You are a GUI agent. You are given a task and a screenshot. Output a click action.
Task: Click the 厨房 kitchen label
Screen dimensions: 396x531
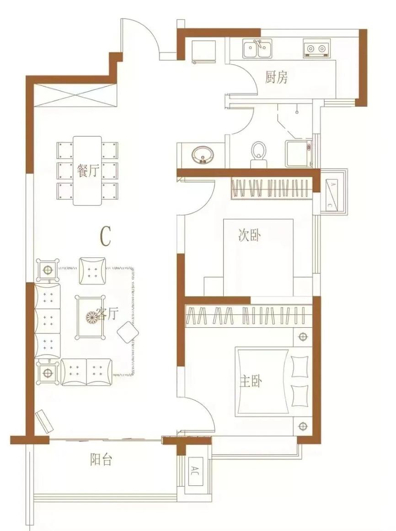276,78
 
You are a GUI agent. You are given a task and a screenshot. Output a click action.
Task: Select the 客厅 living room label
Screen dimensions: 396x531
107,314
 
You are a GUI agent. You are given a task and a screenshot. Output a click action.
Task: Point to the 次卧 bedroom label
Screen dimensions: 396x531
250,235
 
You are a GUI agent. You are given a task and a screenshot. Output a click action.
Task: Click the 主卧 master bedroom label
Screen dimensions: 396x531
251,382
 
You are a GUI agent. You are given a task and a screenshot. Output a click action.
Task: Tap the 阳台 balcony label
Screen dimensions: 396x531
101,460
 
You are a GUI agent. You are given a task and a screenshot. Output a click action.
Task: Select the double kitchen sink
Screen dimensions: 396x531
257,48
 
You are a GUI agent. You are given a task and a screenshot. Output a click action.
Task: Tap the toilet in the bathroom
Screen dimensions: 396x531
259,154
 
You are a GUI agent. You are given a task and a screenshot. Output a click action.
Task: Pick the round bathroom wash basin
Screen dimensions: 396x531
203,156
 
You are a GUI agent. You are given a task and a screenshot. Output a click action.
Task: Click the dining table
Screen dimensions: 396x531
87,171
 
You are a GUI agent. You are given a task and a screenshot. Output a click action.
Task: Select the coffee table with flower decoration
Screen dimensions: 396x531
91,317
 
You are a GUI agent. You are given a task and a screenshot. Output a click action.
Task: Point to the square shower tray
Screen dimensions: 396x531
298,154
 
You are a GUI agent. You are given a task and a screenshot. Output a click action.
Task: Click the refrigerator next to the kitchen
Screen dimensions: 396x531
204,52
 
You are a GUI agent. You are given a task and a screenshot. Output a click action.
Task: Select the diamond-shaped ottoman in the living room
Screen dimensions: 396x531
128,332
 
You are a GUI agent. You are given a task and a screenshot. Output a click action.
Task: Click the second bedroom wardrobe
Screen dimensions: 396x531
271,188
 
